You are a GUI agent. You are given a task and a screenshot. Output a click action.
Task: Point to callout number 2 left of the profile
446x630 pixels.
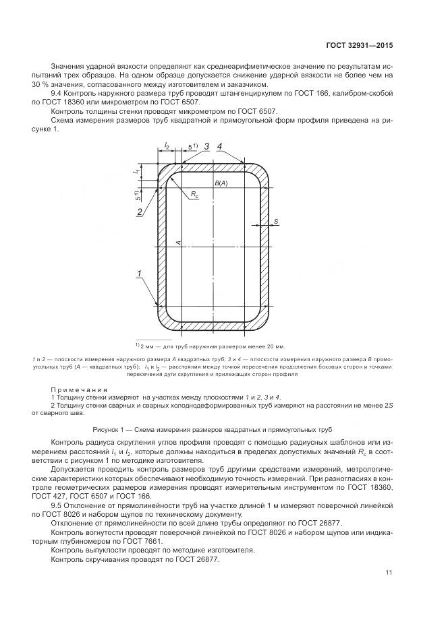pos(139,212)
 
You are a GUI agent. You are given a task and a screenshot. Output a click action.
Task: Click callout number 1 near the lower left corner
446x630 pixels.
pos(139,273)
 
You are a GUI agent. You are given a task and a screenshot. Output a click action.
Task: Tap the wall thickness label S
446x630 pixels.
pos(275,220)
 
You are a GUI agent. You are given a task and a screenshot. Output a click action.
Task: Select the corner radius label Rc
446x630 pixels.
pos(194,195)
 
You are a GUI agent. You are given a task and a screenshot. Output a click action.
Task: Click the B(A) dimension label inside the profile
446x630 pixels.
pos(221,183)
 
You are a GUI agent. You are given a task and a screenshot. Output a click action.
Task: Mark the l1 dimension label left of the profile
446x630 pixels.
pos(136,172)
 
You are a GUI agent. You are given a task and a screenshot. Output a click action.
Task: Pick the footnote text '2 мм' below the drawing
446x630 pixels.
pos(146,346)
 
